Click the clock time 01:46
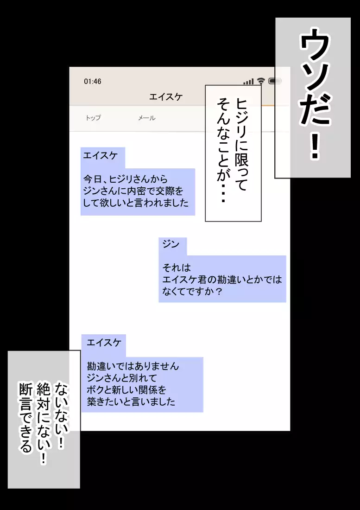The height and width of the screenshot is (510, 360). [93, 82]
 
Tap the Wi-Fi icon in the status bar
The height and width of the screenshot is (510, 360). [261, 81]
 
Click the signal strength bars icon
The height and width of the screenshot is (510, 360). [248, 81]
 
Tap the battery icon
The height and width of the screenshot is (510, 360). [275, 81]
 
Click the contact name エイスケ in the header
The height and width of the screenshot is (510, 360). [166, 96]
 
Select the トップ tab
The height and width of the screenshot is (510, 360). [93, 118]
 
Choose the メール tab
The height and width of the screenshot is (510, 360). [146, 118]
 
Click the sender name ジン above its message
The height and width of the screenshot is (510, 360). [171, 245]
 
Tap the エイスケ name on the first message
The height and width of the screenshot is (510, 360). [100, 155]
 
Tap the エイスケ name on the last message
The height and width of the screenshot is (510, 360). [104, 343]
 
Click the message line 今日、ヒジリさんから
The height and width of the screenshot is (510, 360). [126, 179]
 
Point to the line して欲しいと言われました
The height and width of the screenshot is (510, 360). [136, 203]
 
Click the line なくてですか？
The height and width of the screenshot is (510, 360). [192, 291]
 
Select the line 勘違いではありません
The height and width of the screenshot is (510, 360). [133, 366]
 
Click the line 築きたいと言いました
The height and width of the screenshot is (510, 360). [131, 402]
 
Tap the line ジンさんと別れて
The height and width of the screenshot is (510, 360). [122, 378]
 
